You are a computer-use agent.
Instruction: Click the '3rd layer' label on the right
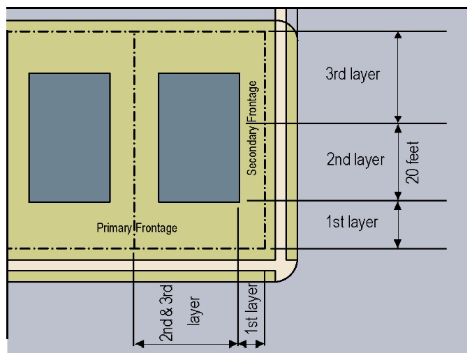click(353, 74)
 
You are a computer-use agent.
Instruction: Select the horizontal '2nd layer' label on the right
click(355, 160)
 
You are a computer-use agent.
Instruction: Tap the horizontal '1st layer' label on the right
click(353, 223)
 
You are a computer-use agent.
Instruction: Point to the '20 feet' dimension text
click(412, 163)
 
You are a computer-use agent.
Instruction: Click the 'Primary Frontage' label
click(137, 228)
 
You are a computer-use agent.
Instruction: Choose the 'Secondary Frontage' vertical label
click(252, 127)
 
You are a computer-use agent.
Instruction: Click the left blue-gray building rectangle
click(69, 137)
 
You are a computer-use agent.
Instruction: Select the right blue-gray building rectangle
click(199, 137)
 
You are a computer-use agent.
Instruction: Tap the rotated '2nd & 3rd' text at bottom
click(167, 313)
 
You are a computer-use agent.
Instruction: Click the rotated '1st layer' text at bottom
click(253, 307)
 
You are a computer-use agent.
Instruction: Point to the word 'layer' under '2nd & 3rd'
click(194, 312)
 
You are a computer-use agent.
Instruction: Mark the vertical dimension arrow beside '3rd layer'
click(398, 77)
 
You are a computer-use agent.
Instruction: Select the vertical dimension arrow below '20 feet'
click(398, 224)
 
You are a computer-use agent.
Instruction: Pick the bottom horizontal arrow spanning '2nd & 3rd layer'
click(186, 343)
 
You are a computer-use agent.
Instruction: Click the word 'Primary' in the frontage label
click(115, 228)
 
